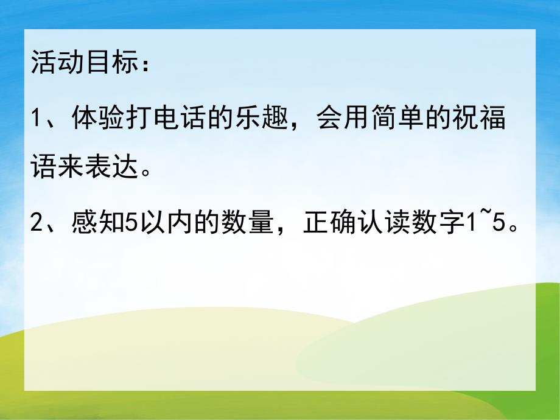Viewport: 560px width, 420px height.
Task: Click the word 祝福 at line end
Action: tap(480, 116)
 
